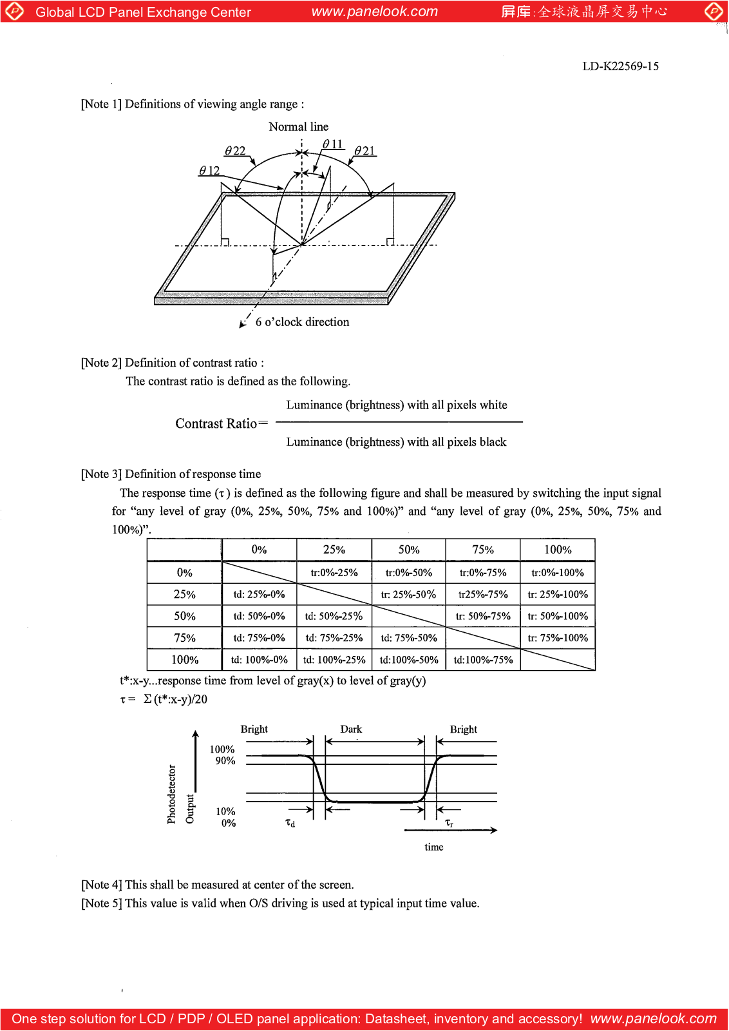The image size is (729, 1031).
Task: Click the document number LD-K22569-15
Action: coord(620,66)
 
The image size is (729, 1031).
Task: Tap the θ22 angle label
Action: coord(235,151)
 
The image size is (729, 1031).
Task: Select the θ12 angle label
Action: coord(209,171)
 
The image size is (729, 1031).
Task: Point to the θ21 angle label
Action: coord(364,151)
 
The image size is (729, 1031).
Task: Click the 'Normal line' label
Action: coord(298,127)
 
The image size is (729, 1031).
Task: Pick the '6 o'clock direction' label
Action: coord(302,322)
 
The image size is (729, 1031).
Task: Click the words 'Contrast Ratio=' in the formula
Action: coord(221,423)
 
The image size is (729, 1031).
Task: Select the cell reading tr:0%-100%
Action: coord(558,573)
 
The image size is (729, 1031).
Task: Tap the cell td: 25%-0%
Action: coord(259,595)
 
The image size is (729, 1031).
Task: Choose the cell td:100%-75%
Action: coord(483,660)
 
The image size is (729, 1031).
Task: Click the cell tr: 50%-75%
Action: coord(483,617)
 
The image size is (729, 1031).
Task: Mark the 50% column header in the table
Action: coord(408,550)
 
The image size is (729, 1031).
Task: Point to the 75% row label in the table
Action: coord(184,638)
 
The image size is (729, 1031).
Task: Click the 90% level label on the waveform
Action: coord(225,761)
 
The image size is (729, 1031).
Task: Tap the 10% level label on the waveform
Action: coord(225,812)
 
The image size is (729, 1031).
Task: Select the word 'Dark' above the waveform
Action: coord(351,729)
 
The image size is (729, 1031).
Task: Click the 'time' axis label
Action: coord(433,847)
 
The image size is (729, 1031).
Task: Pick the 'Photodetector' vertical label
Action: coord(171,794)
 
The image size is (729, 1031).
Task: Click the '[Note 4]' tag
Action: coord(101,885)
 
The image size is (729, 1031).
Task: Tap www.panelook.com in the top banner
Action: coord(374,12)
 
